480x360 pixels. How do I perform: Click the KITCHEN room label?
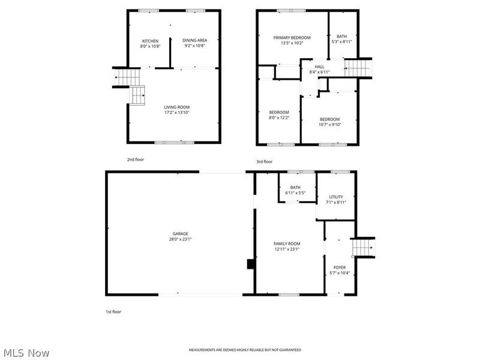point(149,41)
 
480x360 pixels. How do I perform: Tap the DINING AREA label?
point(195,40)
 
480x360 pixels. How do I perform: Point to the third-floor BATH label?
point(341,36)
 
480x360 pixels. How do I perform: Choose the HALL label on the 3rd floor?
point(319,67)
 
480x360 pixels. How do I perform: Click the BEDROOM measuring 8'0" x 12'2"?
point(279,112)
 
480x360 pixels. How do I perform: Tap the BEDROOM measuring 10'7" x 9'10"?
point(329,119)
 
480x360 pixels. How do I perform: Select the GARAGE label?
point(181,233)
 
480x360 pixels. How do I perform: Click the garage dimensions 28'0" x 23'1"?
point(181,239)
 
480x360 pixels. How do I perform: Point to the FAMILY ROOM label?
point(287,244)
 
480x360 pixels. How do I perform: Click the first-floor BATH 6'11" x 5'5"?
point(295,190)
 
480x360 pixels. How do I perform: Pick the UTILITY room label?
point(336,197)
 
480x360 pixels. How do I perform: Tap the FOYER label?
point(340,268)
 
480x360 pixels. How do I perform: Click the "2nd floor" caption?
point(135,160)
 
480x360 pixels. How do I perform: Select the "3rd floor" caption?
point(264,161)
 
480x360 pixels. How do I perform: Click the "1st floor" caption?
point(113,311)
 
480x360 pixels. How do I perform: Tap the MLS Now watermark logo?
point(26,353)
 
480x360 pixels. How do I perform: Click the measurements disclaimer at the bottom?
point(245,350)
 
